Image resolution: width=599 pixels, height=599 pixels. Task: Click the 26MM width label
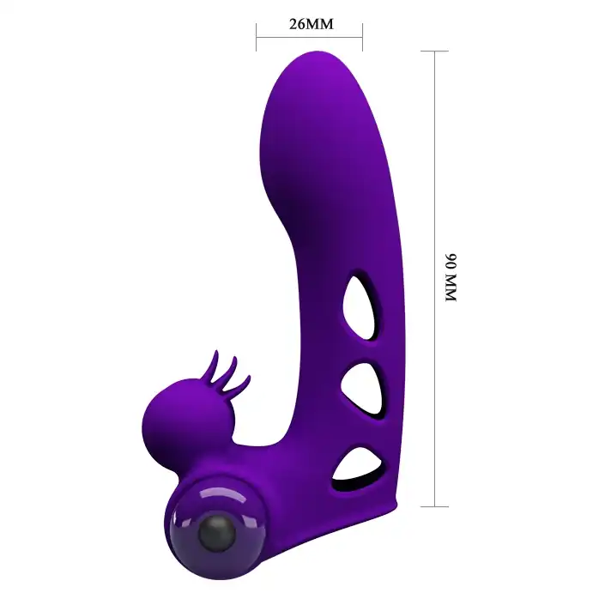[312, 24]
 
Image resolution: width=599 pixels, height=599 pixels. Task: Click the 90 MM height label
[451, 278]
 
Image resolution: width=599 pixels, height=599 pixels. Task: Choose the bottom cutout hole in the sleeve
[361, 468]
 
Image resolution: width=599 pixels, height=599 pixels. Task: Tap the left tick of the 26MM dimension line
[257, 37]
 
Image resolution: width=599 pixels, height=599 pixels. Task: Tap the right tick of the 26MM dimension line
[362, 37]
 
